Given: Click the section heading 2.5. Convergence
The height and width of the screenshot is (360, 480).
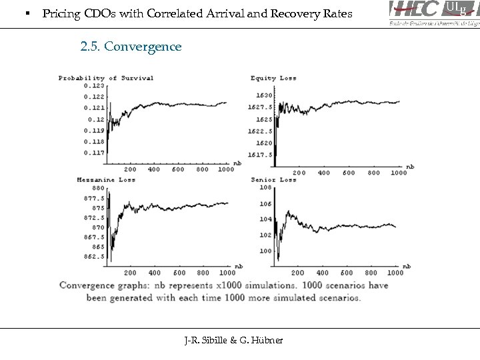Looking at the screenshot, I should (x=130, y=47).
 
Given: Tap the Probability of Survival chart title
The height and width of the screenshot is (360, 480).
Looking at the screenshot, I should (x=106, y=78).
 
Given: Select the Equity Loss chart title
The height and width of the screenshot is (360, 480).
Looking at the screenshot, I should (x=273, y=78).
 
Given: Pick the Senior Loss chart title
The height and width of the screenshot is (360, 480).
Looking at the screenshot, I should (x=273, y=180).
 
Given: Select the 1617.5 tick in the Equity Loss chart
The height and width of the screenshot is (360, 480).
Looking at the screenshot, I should (x=261, y=155).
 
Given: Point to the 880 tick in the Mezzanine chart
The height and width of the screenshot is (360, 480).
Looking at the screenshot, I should (x=98, y=189).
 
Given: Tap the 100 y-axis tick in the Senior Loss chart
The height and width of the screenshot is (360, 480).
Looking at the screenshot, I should (x=266, y=251).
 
